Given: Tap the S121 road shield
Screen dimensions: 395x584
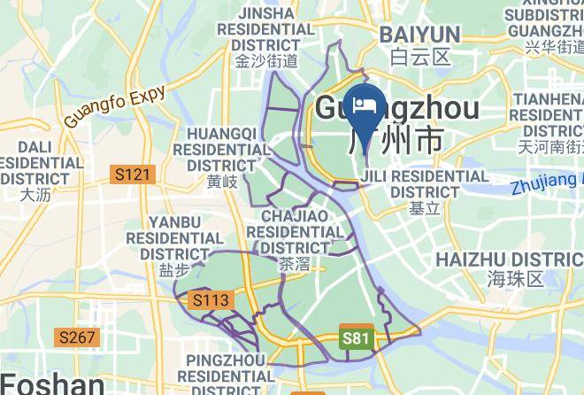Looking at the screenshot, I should click(133, 175).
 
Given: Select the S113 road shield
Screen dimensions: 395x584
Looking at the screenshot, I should click(211, 301).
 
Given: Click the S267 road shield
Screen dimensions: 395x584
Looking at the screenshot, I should click(78, 337).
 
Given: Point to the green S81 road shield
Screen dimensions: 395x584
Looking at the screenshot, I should click(354, 338).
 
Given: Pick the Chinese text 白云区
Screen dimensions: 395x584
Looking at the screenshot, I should click(420, 58).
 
